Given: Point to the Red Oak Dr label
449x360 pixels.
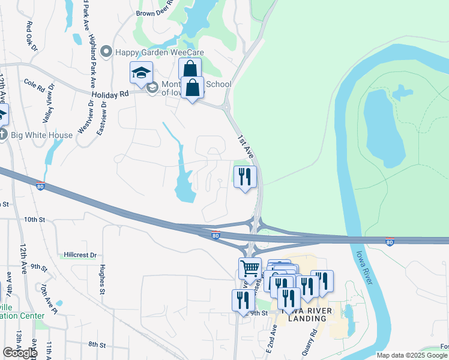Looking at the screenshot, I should point(32,35).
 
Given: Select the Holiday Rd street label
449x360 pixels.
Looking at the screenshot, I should point(111,94).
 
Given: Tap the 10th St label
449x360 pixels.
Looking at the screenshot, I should point(35,220).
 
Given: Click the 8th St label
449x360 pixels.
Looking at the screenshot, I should point(97,345).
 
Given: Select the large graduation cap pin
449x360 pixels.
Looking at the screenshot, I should point(141,73).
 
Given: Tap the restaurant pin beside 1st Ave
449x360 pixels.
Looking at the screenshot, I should point(244,176).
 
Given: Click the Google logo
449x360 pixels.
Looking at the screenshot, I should point(20,352).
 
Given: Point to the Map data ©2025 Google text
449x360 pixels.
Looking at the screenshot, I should point(412,355).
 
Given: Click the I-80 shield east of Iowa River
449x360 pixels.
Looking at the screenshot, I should point(390,242).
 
